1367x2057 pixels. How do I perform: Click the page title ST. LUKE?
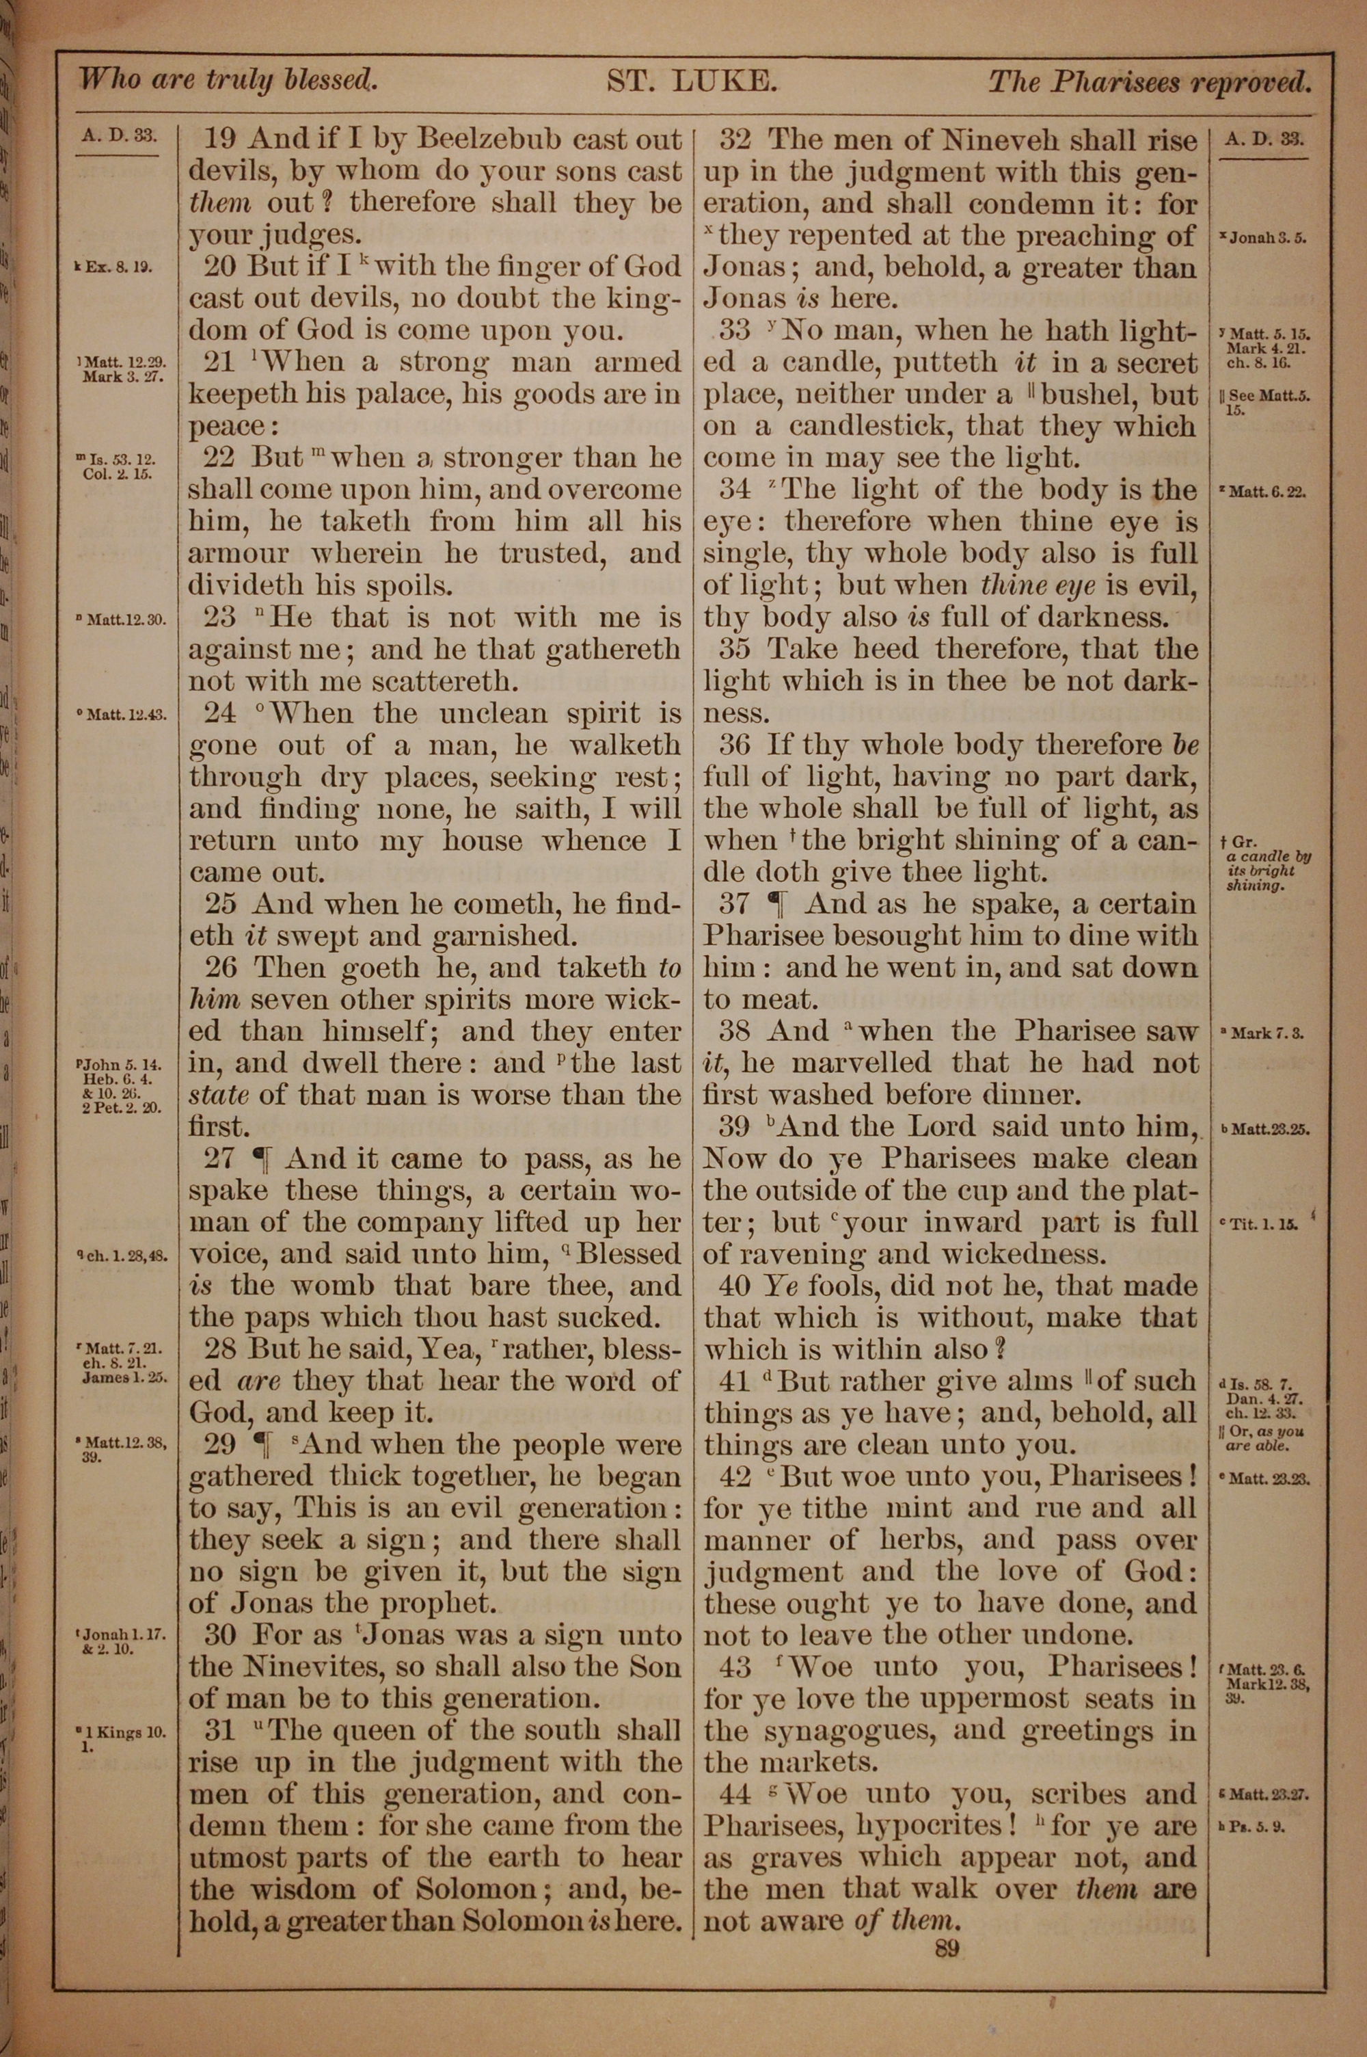pos(691,82)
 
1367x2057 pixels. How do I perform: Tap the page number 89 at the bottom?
pos(947,1948)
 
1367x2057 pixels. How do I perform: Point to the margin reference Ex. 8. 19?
pos(118,267)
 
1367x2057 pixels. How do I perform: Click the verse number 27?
pos(221,1159)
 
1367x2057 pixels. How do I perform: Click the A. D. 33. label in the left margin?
pos(118,137)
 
